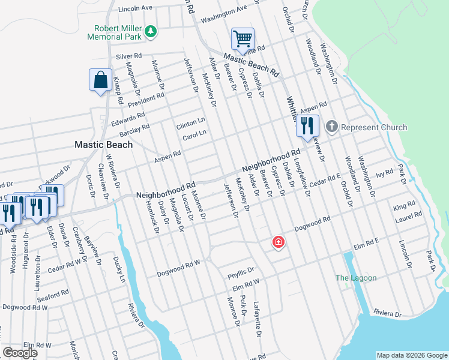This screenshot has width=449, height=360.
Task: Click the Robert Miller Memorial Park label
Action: tap(118, 32)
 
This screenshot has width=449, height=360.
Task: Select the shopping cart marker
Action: tap(243, 40)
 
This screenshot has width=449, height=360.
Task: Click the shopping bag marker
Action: tap(100, 80)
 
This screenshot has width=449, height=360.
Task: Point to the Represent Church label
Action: tap(373, 127)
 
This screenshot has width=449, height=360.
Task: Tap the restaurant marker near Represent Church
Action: tap(307, 126)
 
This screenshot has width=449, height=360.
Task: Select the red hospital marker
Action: tap(279, 242)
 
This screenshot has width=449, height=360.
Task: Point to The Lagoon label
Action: tap(356, 278)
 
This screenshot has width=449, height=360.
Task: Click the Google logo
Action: tap(20, 353)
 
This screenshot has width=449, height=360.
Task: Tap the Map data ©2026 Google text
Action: tap(412, 355)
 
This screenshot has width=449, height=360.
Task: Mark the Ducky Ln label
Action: tap(119, 269)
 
